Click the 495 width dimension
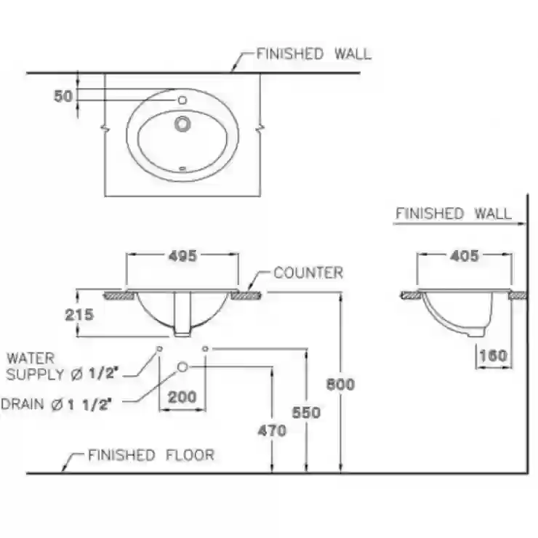pos(182,256)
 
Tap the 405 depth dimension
pos(465,256)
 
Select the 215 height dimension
pos(79,315)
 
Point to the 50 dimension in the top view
pos(63,97)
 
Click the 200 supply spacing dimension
pos(182,397)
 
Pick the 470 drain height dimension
pos(272,431)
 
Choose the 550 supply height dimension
pos(306,413)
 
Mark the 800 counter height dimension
pos(340,385)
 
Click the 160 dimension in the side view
pos(493,356)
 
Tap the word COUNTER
pos(308,273)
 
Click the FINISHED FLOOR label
pos(151,455)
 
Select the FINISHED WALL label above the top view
pos(313,55)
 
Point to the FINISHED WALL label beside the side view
pos(453,214)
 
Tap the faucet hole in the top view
pos(182,100)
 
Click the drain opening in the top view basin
pos(182,124)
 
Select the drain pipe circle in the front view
pos(182,367)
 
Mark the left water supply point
pos(159,349)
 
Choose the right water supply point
pos(205,349)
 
